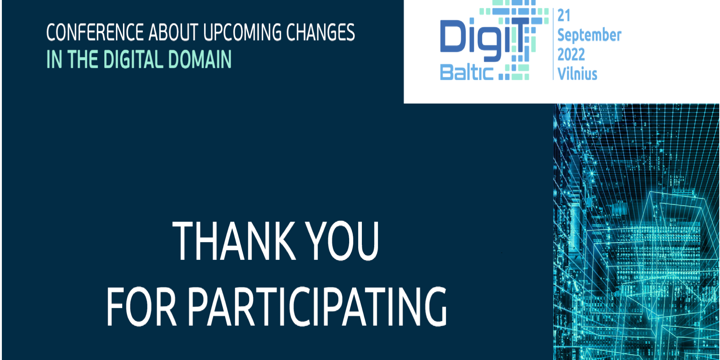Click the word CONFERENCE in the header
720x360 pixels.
tap(95, 32)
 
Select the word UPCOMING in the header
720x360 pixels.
tap(242, 32)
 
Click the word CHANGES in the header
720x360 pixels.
tap(321, 32)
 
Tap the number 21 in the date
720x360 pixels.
tap(564, 15)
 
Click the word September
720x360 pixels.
tap(589, 35)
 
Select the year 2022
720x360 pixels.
tap(571, 55)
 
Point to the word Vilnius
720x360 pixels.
tap(577, 73)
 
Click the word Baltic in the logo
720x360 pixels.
tap(466, 72)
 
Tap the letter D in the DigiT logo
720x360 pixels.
tap(453, 36)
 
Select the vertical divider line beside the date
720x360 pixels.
tap(553, 44)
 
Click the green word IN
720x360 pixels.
tap(54, 59)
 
